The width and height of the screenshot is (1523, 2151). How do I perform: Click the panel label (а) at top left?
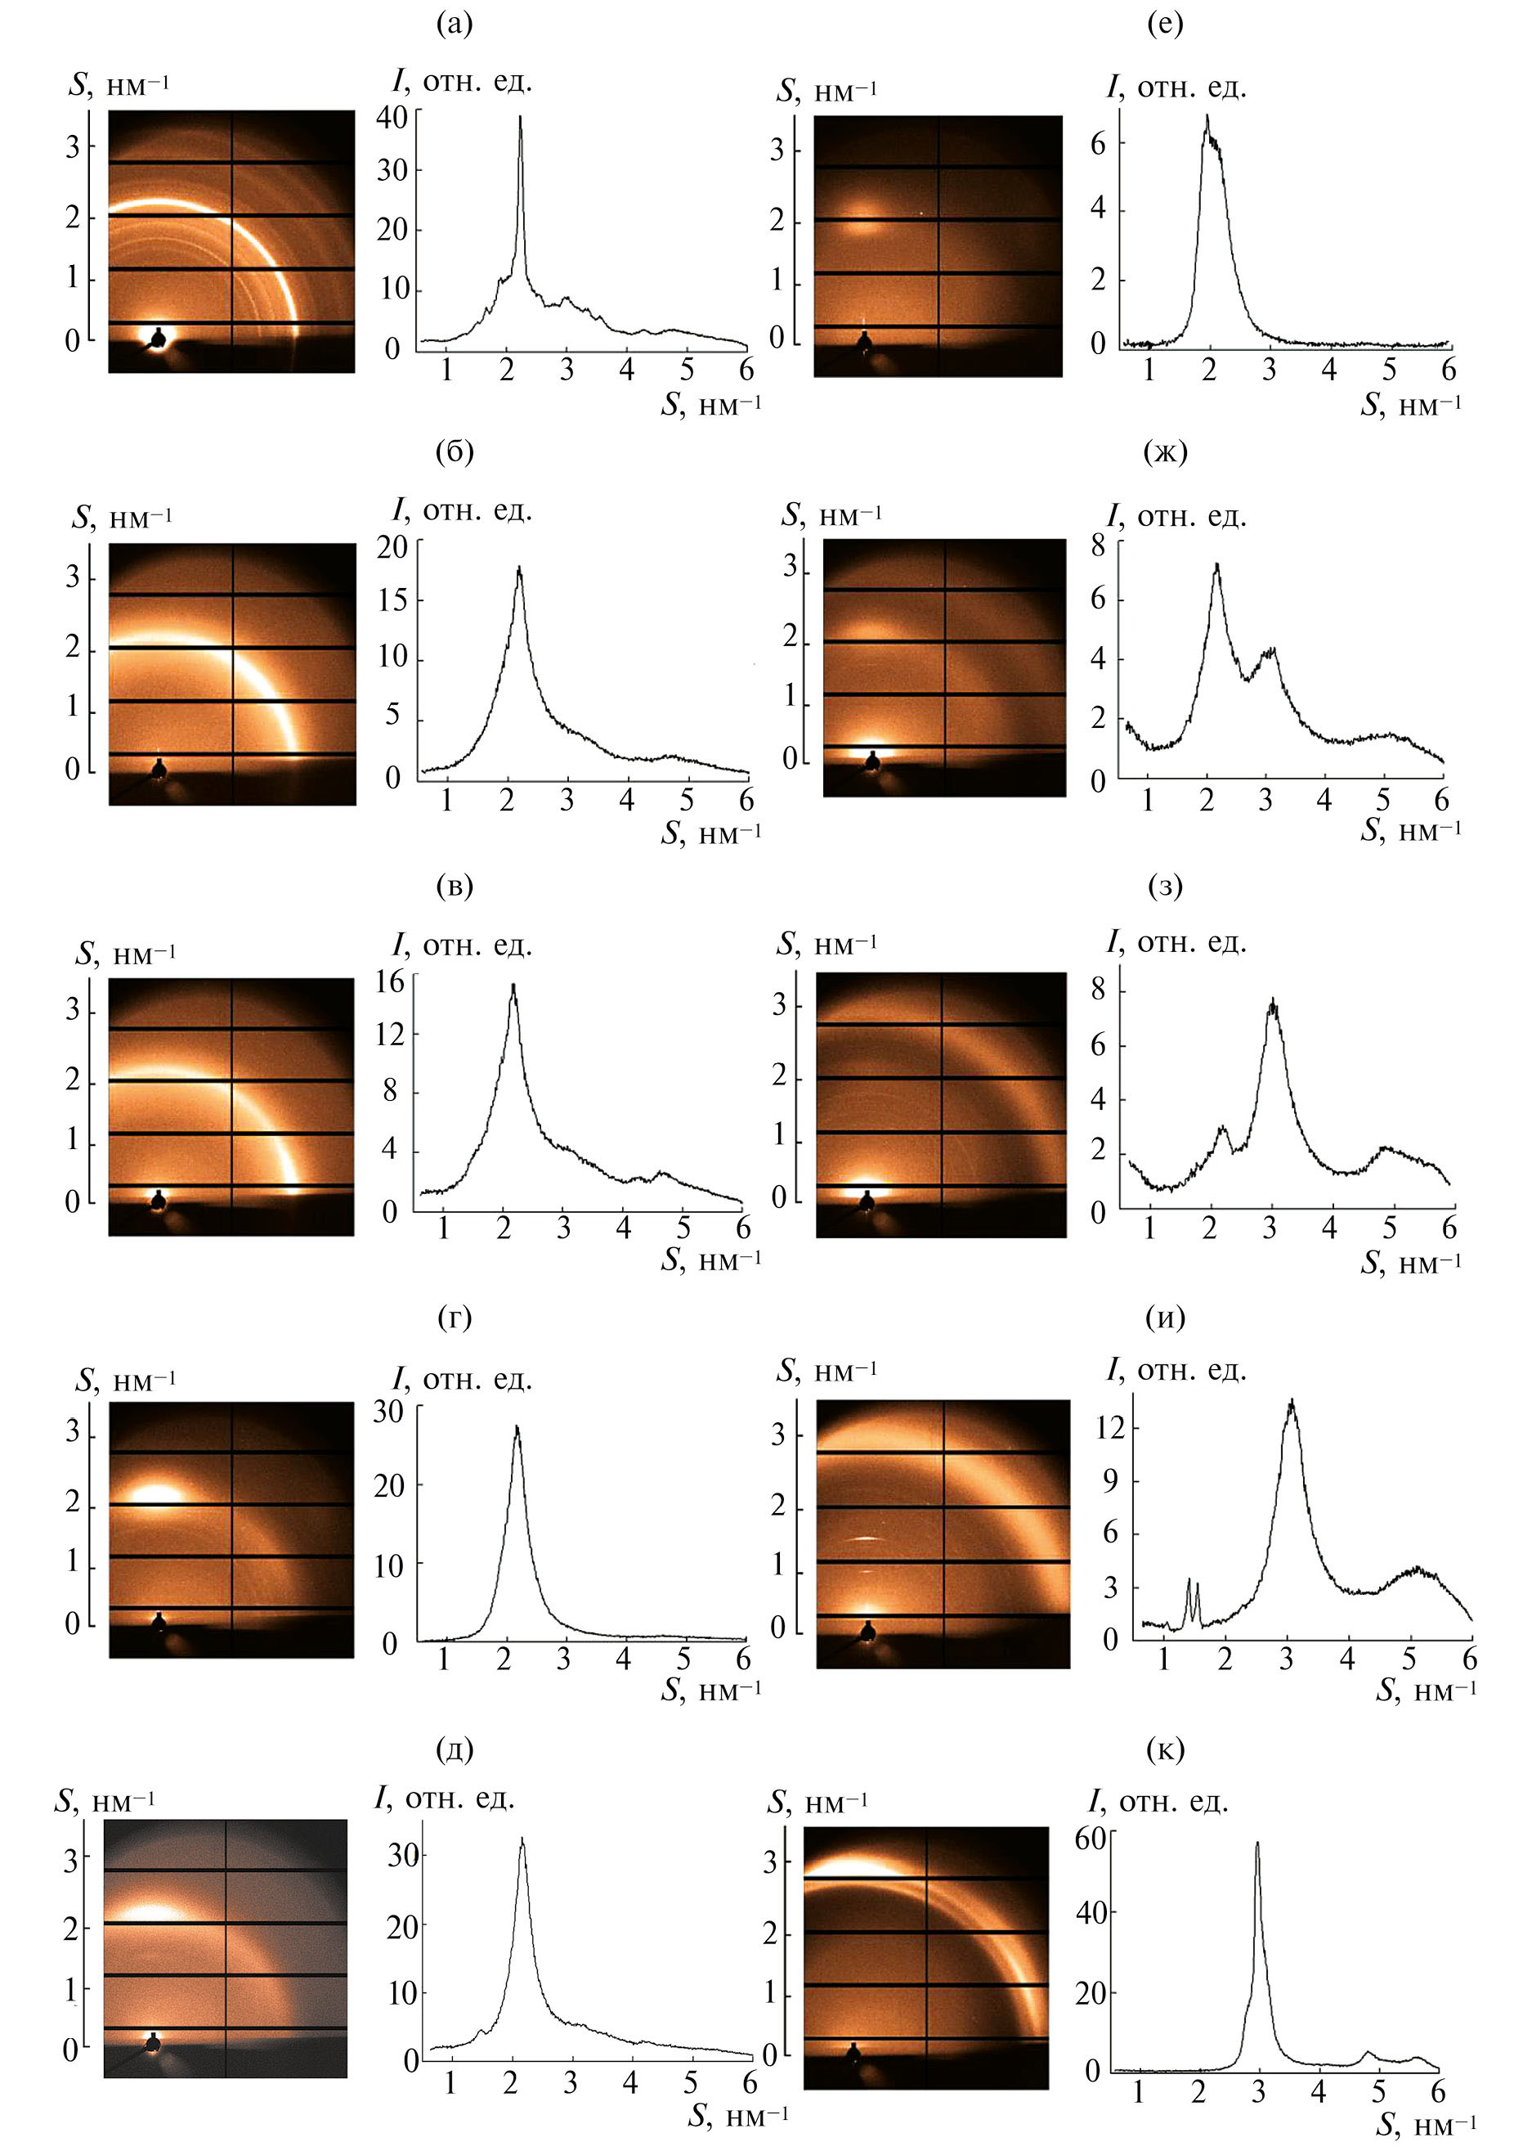454,24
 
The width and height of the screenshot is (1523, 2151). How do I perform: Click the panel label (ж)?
1165,452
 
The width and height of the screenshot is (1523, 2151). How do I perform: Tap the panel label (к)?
1165,1749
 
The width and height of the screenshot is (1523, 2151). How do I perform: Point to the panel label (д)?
454,1749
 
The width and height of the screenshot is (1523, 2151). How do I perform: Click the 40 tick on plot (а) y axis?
392,117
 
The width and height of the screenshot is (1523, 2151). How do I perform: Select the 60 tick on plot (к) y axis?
1091,1839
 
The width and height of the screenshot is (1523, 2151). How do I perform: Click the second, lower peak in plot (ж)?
1270,649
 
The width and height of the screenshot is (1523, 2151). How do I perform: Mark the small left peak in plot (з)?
1222,1128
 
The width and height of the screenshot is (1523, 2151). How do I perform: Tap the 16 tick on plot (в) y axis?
389,981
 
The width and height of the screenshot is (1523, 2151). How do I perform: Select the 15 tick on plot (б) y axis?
393,599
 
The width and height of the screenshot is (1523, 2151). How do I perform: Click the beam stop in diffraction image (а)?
159,337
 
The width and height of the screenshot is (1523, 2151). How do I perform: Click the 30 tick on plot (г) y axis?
389,1411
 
